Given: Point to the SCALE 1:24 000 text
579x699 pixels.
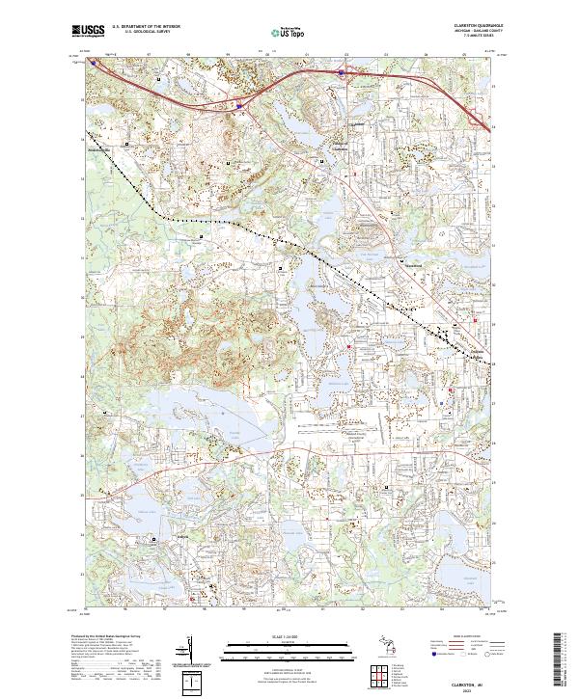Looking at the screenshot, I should [280, 633].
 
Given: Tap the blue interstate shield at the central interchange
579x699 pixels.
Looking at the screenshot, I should [238, 106].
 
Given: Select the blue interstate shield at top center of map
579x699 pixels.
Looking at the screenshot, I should [341, 71].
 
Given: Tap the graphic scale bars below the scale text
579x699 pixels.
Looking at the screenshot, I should [280, 648].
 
